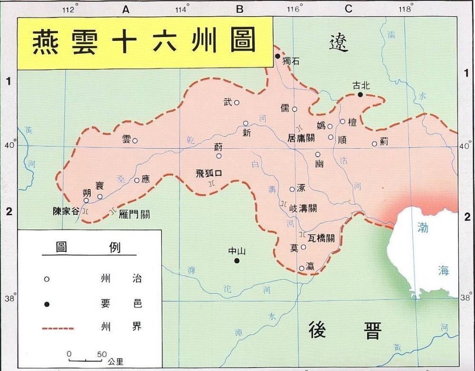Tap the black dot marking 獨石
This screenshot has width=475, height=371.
[278, 56]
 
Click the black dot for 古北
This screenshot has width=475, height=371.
[360, 95]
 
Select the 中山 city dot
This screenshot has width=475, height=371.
[236, 260]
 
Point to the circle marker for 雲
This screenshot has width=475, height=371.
[135, 141]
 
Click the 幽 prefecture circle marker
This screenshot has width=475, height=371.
[318, 154]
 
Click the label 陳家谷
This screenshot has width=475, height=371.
[66, 211]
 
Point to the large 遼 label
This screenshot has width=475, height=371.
[339, 43]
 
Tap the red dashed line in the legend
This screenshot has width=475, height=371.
[58, 328]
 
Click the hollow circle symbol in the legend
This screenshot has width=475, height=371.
[47, 279]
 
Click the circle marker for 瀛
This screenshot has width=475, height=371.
[302, 268]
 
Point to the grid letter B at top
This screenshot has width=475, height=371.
[240, 9]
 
